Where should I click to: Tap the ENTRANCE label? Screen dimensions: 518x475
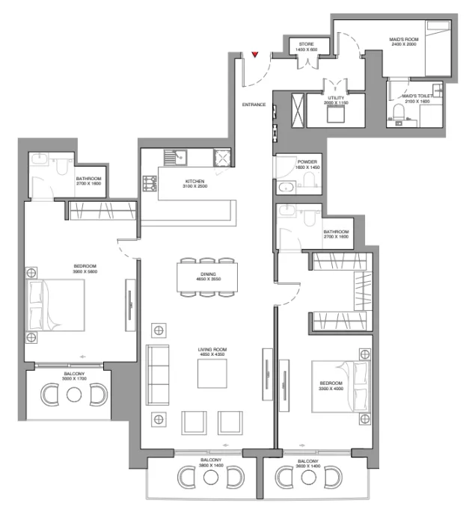(x=254, y=105)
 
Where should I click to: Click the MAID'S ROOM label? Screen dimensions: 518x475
(x=402, y=41)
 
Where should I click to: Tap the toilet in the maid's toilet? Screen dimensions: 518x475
(x=399, y=114)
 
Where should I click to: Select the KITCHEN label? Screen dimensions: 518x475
(x=196, y=182)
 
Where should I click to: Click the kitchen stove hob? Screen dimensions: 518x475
(x=150, y=182)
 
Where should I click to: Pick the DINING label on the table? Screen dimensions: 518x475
(x=208, y=275)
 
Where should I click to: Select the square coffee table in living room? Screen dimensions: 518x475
(x=211, y=373)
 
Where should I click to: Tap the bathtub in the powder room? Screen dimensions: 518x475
(x=288, y=188)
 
